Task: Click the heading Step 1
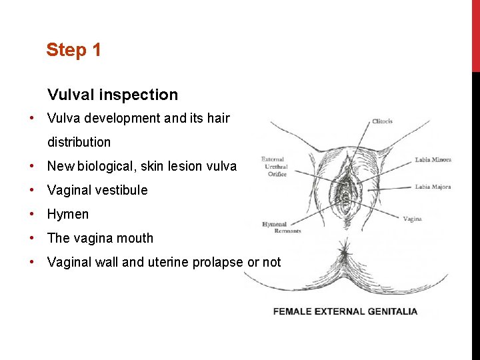click(73, 50)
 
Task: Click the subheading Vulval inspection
click(113, 95)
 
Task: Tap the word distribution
click(79, 142)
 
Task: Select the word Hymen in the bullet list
click(68, 214)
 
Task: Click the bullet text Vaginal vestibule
click(97, 190)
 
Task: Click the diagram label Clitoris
click(382, 121)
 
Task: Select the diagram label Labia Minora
click(433, 160)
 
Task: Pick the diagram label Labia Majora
click(433, 187)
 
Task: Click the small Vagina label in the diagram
click(412, 219)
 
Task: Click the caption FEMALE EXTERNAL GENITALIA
click(345, 311)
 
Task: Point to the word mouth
click(135, 238)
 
